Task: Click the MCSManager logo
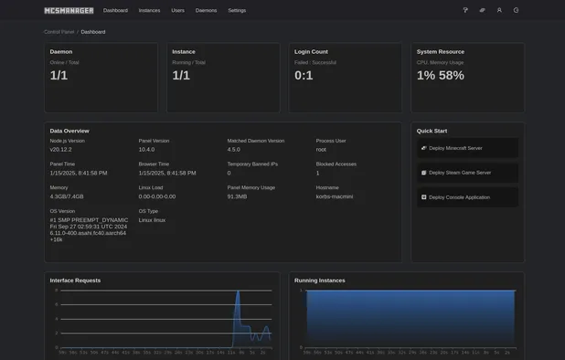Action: click(69, 10)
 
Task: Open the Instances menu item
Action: click(149, 10)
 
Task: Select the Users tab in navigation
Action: click(177, 10)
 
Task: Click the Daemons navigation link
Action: click(206, 10)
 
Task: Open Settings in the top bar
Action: click(237, 10)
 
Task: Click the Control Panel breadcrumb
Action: click(59, 32)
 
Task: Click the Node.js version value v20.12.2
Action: click(62, 149)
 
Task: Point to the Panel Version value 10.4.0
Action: click(147, 149)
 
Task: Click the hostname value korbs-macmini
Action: click(334, 196)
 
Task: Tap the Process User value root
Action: click(321, 149)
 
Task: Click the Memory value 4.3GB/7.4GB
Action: click(67, 196)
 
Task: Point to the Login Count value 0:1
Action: click(304, 76)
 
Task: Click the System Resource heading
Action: click(440, 52)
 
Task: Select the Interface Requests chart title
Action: click(75, 281)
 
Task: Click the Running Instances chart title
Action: click(320, 281)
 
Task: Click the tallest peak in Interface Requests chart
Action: click(237, 293)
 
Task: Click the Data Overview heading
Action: click(69, 131)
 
